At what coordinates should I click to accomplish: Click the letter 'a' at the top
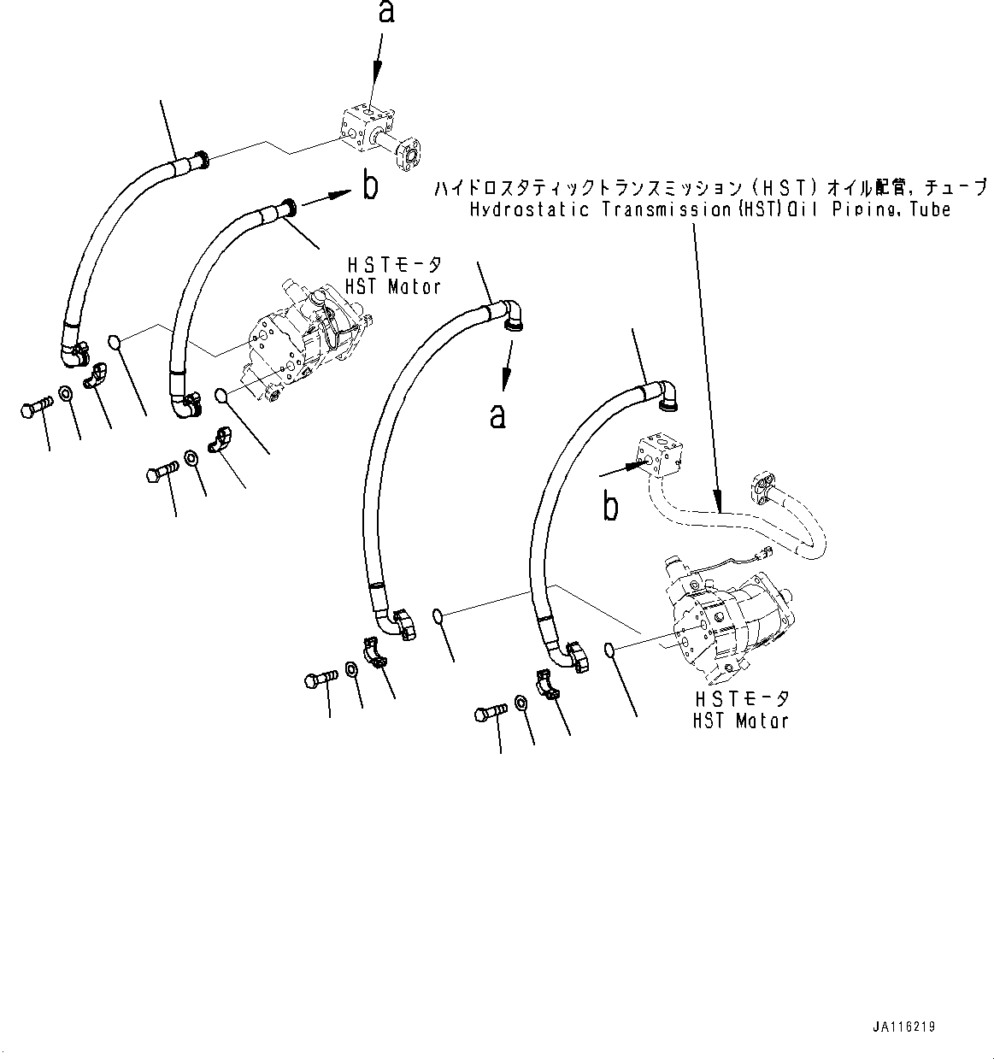tap(388, 14)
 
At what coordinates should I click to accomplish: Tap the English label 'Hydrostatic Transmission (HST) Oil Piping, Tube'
tap(709, 209)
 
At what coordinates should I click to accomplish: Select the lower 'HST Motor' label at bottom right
tap(740, 721)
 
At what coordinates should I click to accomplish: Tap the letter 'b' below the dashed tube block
tap(610, 506)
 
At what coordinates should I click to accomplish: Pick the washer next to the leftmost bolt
tap(65, 395)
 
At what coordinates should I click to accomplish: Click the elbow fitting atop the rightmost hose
tap(668, 394)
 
